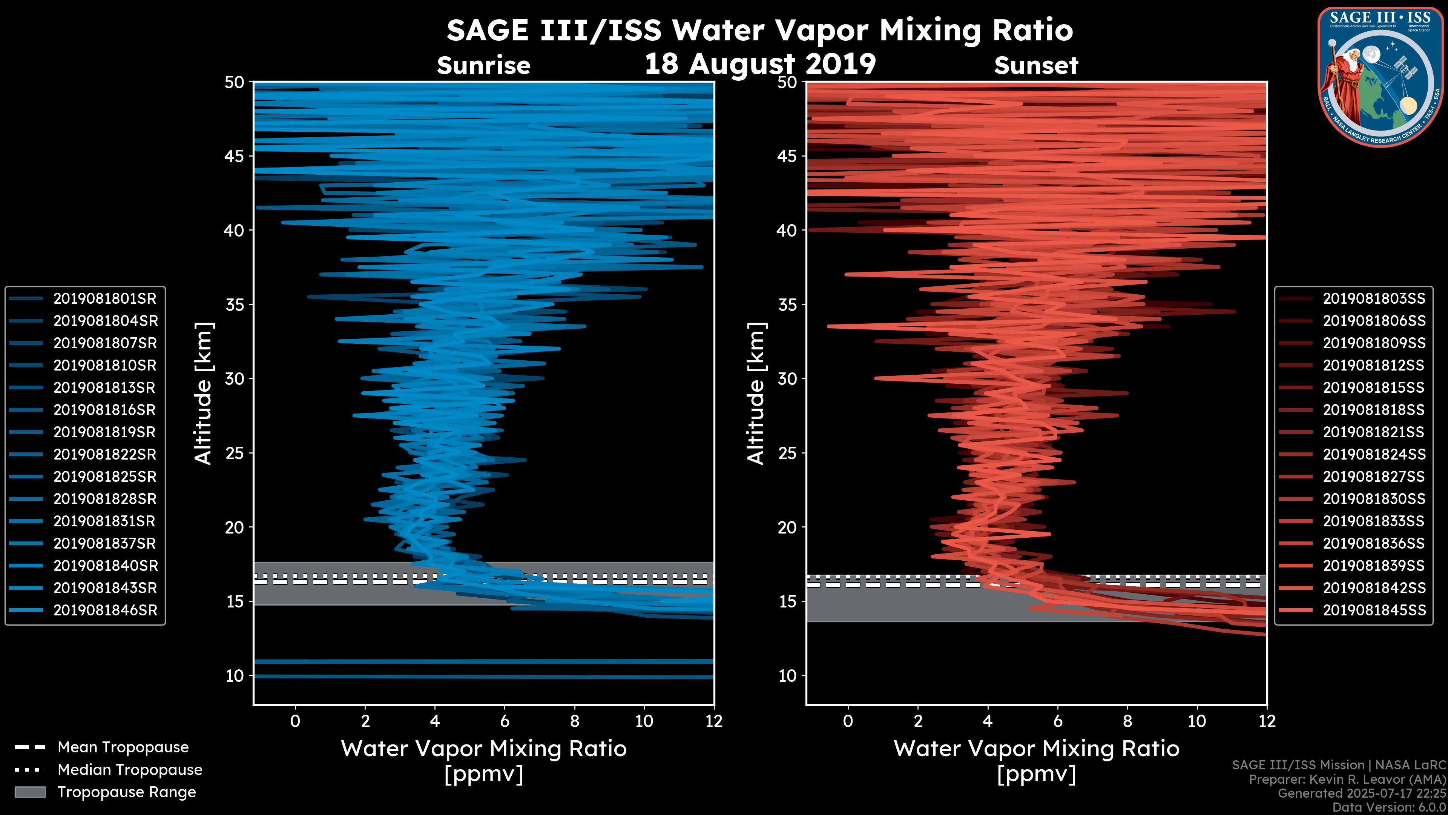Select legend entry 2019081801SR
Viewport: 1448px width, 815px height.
click(x=104, y=299)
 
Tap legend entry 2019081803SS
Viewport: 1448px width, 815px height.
click(x=1374, y=299)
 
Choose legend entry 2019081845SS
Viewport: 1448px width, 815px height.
click(x=1374, y=610)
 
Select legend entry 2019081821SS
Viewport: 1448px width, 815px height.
click(x=1374, y=432)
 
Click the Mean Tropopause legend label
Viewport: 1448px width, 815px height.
click(x=123, y=747)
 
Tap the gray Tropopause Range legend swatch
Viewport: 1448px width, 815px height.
click(x=30, y=792)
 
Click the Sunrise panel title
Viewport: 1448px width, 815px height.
click(x=483, y=66)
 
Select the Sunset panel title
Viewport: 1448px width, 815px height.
click(x=1036, y=66)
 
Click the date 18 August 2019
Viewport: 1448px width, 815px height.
click(x=760, y=63)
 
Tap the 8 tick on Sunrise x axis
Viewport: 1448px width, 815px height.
click(x=574, y=721)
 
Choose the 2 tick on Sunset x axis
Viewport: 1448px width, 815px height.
click(x=918, y=721)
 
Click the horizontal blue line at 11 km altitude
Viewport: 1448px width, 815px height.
click(x=483, y=661)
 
